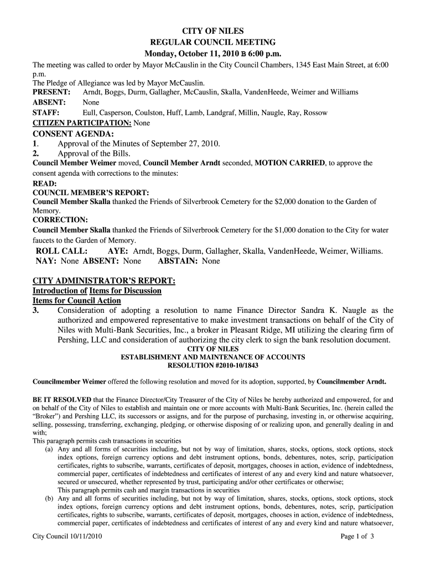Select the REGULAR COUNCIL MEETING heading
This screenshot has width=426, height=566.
[x=213, y=43]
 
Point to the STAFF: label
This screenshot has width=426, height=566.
[x=46, y=113]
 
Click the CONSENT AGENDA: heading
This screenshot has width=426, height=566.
[x=73, y=134]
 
